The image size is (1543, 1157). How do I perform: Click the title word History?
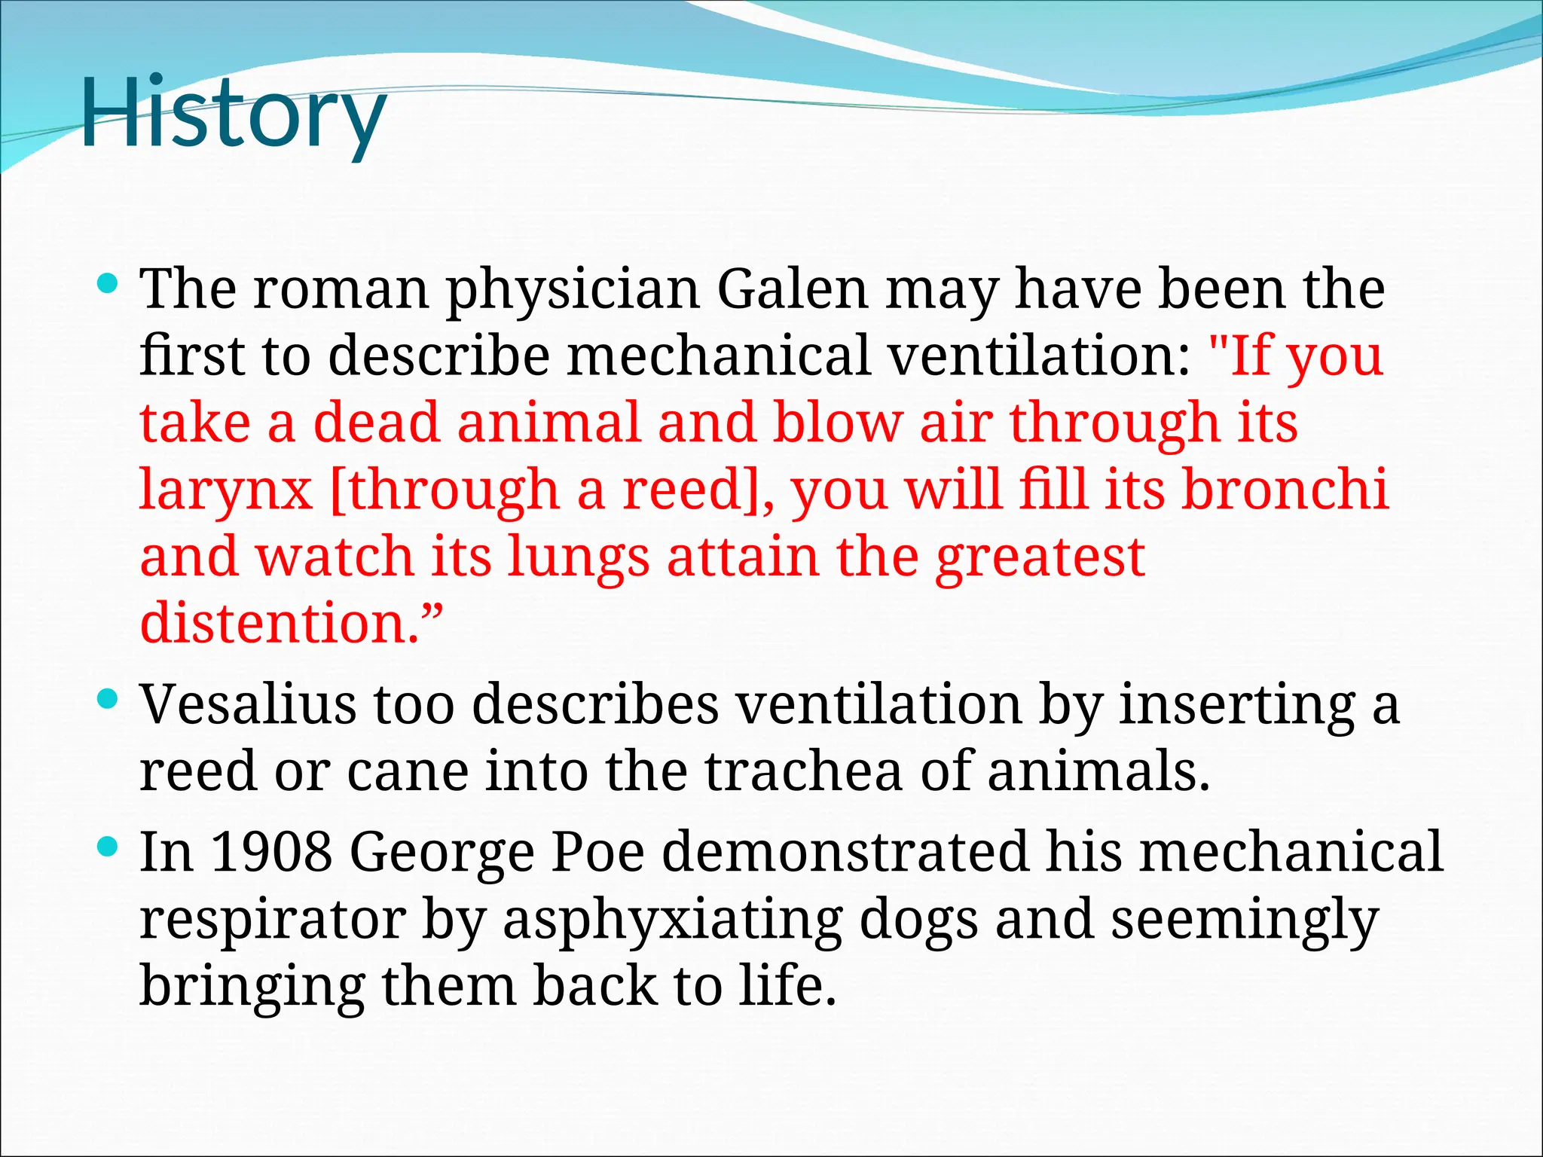pyautogui.click(x=234, y=113)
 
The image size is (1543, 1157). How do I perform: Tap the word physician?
pyautogui.click(x=573, y=290)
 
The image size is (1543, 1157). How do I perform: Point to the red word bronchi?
pyautogui.click(x=1284, y=490)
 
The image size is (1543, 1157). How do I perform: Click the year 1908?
pyautogui.click(x=271, y=851)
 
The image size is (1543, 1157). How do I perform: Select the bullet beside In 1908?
pyautogui.click(x=108, y=848)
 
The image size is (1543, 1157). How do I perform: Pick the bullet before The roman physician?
pyautogui.click(x=108, y=285)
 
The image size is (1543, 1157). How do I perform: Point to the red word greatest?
pyautogui.click(x=1040, y=558)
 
